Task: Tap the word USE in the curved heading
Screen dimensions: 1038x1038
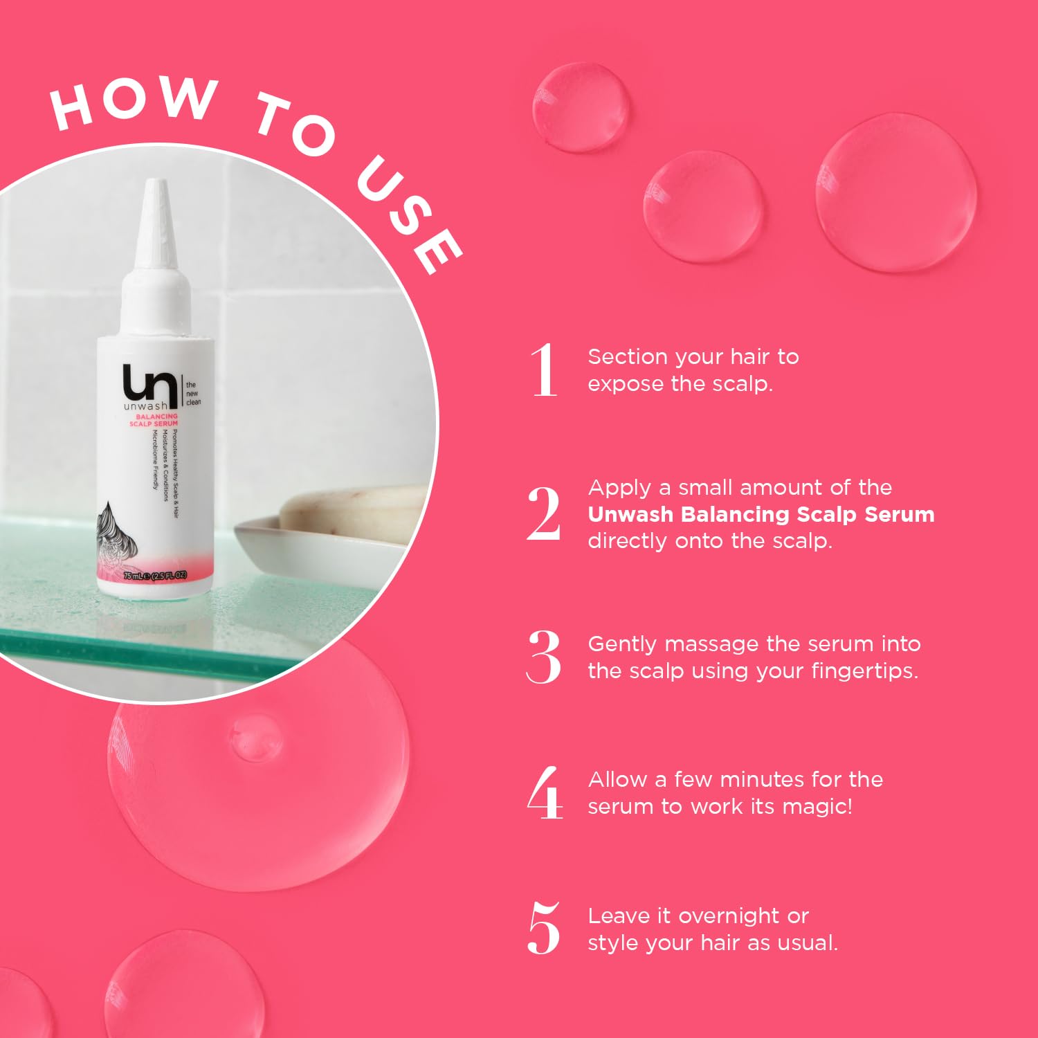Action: (x=408, y=215)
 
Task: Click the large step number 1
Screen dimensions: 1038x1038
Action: (x=545, y=370)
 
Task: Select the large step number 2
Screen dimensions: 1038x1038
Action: (x=544, y=513)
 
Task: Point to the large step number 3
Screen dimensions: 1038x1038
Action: (x=544, y=657)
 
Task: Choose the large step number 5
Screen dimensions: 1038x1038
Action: (x=544, y=929)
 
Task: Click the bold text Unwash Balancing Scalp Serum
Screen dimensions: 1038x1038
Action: (x=761, y=514)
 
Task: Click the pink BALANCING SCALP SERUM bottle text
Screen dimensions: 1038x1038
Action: (x=154, y=420)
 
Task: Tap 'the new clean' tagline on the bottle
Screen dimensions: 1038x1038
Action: (x=193, y=393)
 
